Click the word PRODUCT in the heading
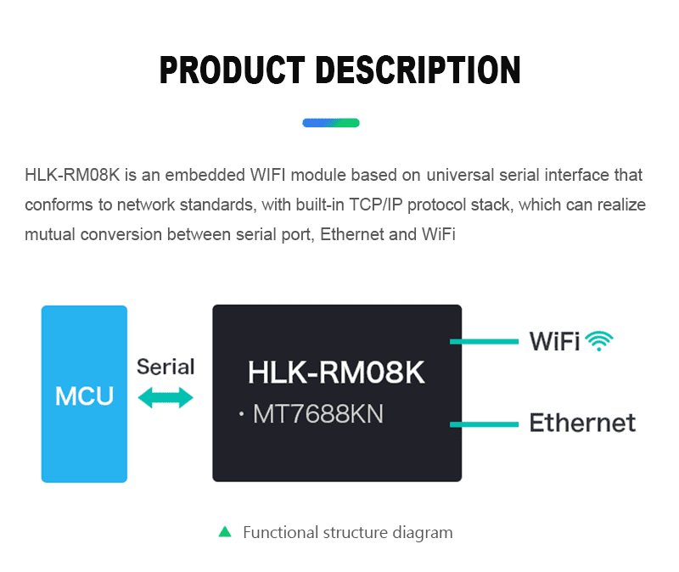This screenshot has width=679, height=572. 232,70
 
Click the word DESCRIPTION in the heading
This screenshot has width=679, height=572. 418,70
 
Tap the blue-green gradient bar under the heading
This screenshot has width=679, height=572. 331,123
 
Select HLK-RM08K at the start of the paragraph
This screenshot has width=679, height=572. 72,175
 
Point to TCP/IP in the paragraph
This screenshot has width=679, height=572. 375,205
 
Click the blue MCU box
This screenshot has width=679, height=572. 84,394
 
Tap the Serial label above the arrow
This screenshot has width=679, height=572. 166,367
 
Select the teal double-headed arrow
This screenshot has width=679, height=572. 166,398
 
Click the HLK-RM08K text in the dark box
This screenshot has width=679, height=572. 336,373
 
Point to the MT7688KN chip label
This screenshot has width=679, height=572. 317,414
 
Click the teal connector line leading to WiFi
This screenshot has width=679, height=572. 484,342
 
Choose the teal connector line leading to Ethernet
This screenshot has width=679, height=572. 484,424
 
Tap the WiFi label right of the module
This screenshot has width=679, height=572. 554,341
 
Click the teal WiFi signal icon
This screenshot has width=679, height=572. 599,341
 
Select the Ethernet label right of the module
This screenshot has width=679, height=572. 582,423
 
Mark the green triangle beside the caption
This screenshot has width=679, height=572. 225,531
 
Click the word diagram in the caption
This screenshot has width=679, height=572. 422,533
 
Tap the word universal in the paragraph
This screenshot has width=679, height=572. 460,175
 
